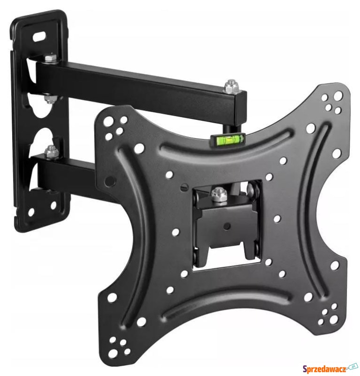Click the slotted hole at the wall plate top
tap(40, 36)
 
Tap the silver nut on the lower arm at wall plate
tap(51, 151)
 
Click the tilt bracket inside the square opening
tap(226, 230)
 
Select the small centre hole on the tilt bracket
tap(227, 226)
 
